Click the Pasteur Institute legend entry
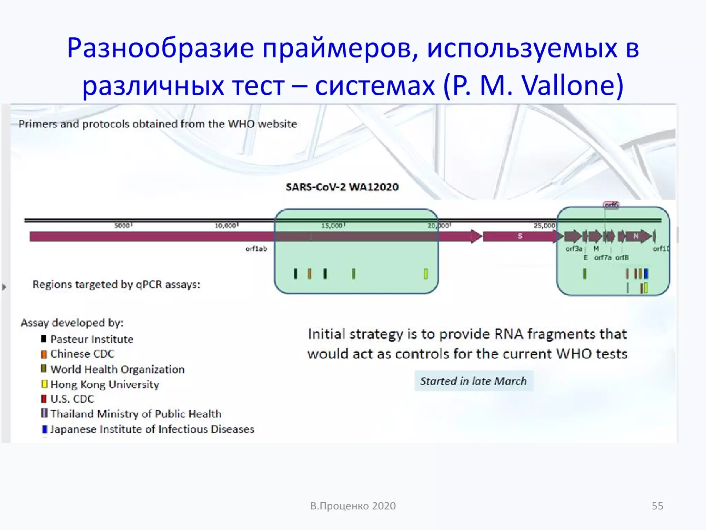click(x=92, y=339)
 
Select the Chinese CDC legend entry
click(x=82, y=354)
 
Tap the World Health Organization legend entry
click(x=117, y=369)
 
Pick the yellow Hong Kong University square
click(x=44, y=384)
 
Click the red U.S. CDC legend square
click(x=44, y=399)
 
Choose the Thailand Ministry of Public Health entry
click(x=136, y=414)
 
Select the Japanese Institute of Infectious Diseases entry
click(x=152, y=429)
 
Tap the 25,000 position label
click(x=544, y=226)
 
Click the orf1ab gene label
click(x=256, y=249)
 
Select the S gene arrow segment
click(x=520, y=236)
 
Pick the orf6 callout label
click(x=611, y=205)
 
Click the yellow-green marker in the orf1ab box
click(x=426, y=274)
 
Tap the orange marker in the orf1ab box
click(x=310, y=274)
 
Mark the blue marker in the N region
click(x=646, y=274)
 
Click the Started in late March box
click(x=474, y=381)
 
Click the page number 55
click(x=657, y=506)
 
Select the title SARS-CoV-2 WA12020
click(x=342, y=187)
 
